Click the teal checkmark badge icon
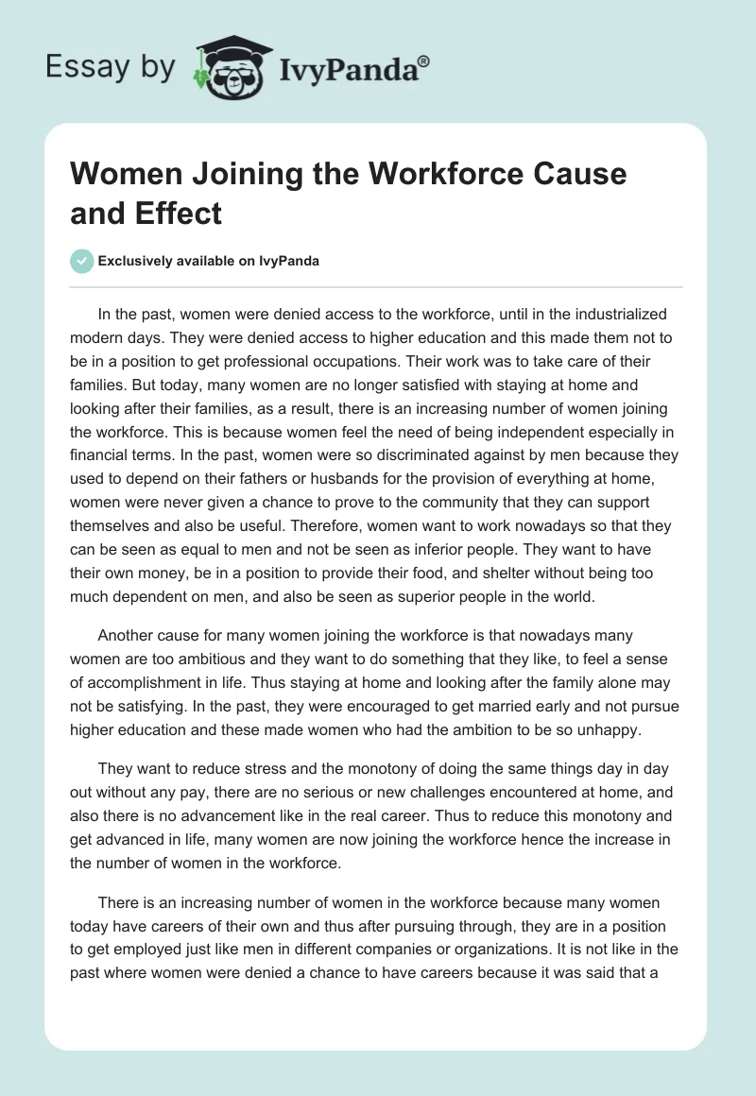[x=82, y=261]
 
